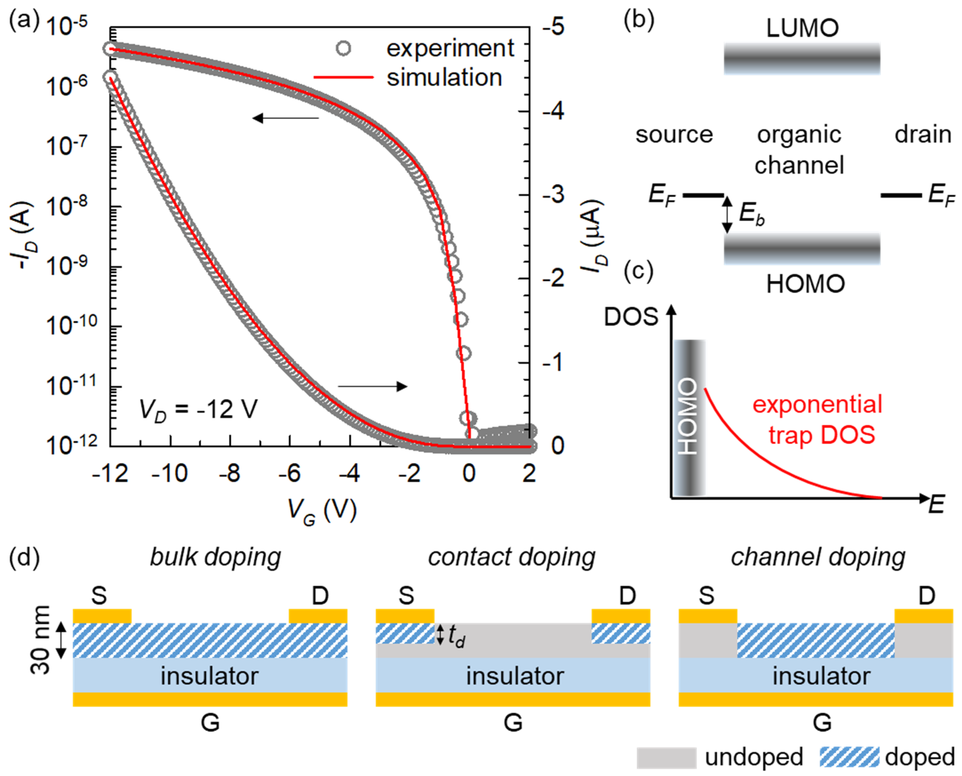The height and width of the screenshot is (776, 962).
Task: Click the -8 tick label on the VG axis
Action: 229,473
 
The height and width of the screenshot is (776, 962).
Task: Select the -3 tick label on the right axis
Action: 553,195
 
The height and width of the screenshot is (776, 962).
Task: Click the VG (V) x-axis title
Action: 322,511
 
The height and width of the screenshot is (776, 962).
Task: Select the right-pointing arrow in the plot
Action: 372,386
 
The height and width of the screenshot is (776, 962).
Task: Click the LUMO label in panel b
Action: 802,28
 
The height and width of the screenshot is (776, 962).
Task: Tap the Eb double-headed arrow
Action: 727,215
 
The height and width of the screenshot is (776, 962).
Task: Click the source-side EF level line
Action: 703,195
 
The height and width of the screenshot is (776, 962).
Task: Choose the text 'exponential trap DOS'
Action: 817,419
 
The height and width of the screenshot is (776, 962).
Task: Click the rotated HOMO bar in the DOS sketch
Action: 689,417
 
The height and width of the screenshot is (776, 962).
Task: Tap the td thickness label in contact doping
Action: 456,636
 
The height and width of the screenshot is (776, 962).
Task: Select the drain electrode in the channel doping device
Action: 924,616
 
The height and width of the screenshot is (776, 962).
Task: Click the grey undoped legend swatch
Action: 666,757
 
